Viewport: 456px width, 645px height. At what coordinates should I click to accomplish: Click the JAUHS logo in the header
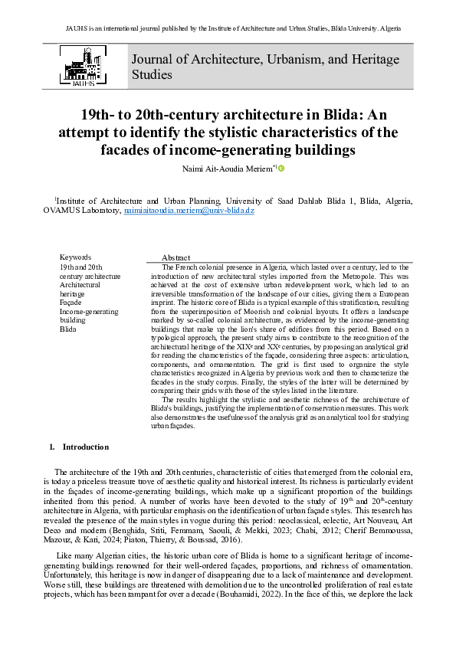pos(82,67)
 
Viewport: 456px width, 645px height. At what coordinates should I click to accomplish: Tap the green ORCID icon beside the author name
pos(281,168)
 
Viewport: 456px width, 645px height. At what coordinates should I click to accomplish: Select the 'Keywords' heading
pos(75,257)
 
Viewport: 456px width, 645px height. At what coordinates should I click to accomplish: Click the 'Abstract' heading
pos(176,257)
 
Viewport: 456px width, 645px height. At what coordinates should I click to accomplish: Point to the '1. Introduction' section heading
pos(79,447)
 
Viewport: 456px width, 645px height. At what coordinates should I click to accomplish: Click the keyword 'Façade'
pos(71,303)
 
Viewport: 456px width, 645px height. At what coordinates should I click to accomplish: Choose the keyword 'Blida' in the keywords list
pos(68,329)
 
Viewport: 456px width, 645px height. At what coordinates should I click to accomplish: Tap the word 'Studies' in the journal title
pos(152,75)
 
